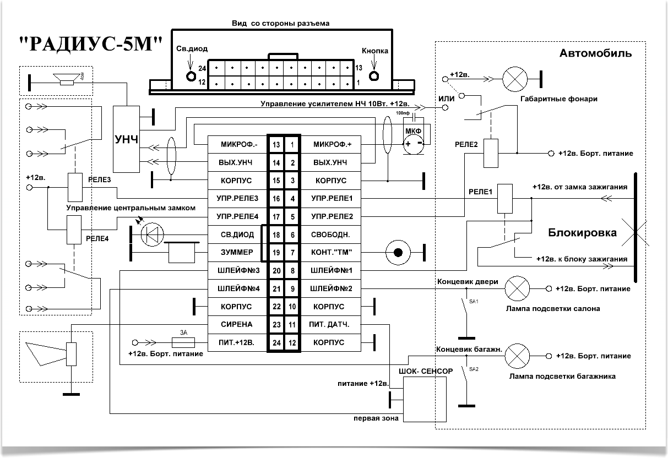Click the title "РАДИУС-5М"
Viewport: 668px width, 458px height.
tap(91, 44)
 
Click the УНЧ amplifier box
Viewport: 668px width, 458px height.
tap(126, 139)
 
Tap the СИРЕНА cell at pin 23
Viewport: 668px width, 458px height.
tap(237, 324)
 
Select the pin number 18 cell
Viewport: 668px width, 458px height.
tap(276, 235)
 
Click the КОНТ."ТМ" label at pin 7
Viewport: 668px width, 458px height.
tap(331, 253)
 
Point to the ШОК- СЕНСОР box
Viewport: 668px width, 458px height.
tap(425, 399)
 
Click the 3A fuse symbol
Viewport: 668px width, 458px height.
tap(183, 342)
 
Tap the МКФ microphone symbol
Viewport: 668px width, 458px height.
tap(414, 144)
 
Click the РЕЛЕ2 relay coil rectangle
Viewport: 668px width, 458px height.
tap(491, 153)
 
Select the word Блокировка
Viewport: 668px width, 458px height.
tap(583, 232)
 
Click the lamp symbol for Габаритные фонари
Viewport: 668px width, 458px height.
tap(515, 79)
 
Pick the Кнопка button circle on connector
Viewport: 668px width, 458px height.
tap(374, 76)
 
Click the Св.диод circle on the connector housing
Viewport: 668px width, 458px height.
tap(191, 76)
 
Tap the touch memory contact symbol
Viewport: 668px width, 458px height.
tap(398, 253)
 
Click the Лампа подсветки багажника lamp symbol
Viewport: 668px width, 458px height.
tap(518, 356)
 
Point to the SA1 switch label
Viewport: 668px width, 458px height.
tap(474, 302)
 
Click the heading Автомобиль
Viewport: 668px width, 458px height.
tap(595, 53)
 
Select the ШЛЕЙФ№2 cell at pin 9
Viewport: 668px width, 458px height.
tap(331, 288)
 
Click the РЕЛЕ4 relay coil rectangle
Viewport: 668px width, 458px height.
tap(74, 230)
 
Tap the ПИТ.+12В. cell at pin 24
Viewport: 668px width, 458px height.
tap(237, 342)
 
